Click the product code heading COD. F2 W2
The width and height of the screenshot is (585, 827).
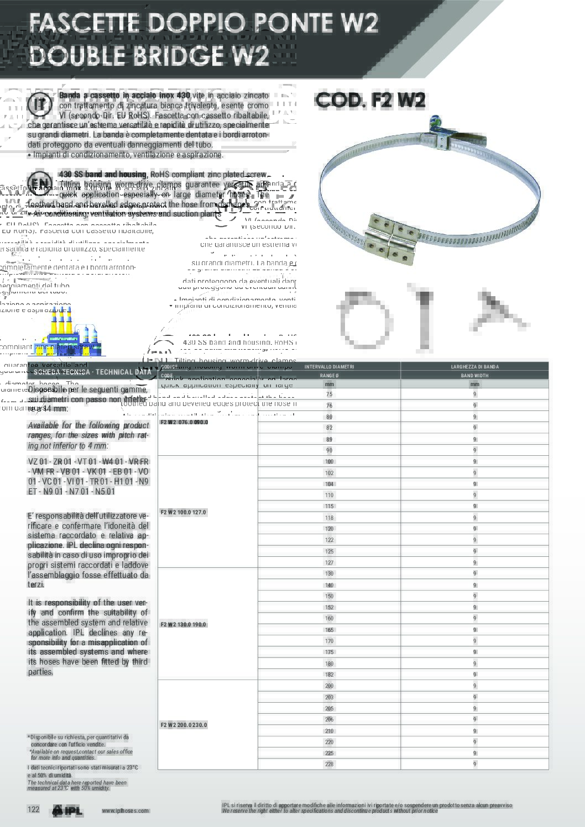pyautogui.click(x=370, y=100)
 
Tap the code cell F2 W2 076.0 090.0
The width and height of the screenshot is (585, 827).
pyautogui.click(x=184, y=422)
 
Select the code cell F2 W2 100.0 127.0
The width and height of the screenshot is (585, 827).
pyautogui.click(x=183, y=512)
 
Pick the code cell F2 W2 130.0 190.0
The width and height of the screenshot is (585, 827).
pyautogui.click(x=183, y=624)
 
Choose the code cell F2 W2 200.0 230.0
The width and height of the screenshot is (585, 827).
pyautogui.click(x=184, y=725)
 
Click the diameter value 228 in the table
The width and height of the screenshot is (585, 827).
pyautogui.click(x=329, y=764)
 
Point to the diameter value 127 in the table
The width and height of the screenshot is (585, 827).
pyautogui.click(x=329, y=562)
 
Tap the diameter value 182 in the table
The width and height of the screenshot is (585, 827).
pyautogui.click(x=329, y=675)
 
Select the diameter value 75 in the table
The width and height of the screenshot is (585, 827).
pyautogui.click(x=329, y=394)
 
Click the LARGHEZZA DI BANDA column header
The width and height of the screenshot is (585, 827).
pyautogui.click(x=474, y=367)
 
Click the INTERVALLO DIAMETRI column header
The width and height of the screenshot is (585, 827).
pyautogui.click(x=329, y=367)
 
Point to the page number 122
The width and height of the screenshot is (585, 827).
pyautogui.click(x=34, y=809)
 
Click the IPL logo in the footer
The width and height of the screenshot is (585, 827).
pyautogui.click(x=67, y=810)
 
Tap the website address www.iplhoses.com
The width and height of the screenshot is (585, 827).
pyautogui.click(x=125, y=810)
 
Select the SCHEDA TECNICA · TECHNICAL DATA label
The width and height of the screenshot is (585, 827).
pyautogui.click(x=92, y=372)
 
